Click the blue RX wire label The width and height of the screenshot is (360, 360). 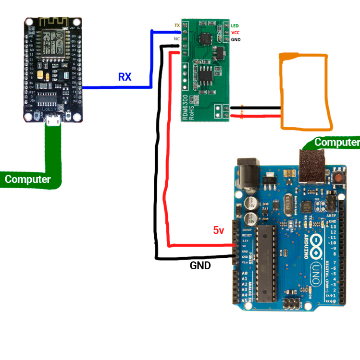(x=124, y=77)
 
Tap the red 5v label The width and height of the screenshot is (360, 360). (x=219, y=230)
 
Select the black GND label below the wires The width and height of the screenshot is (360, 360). (x=200, y=265)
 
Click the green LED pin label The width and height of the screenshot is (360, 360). (x=235, y=25)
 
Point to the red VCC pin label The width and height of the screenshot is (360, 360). (x=235, y=33)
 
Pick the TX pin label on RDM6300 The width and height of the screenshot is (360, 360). (x=177, y=25)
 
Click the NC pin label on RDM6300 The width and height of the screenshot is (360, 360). (x=176, y=39)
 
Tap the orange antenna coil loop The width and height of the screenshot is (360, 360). (x=306, y=92)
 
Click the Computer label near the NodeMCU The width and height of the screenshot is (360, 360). (x=28, y=180)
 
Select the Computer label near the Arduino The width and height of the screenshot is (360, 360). (x=336, y=143)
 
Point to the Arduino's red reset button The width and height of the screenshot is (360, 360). (x=340, y=178)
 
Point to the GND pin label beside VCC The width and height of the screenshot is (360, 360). (x=236, y=40)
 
